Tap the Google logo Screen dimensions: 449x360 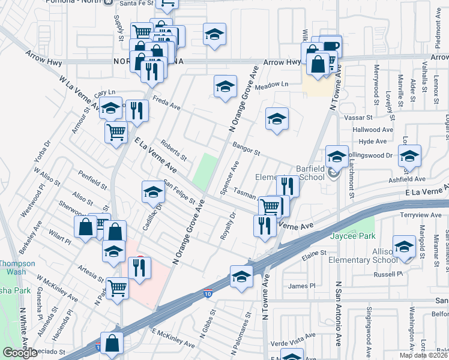pos(20,353)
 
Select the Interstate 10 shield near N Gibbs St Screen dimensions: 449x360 pos(207,293)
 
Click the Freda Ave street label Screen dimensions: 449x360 pos(166,103)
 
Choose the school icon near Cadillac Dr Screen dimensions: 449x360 pos(153,192)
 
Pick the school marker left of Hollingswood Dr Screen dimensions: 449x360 pos(337,157)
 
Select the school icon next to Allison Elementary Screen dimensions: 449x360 pos(404,246)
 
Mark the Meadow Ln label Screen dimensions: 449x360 pos(271,85)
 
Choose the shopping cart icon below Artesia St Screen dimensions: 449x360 pos(118,288)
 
